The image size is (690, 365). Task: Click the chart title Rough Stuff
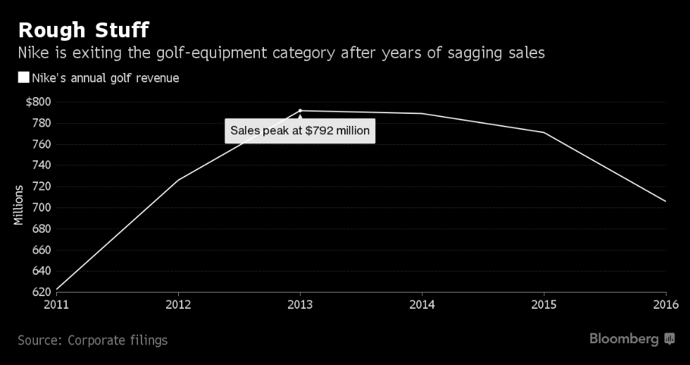[x=83, y=31]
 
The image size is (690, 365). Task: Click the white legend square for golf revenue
[x=23, y=78]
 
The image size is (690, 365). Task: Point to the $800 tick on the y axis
[x=38, y=102]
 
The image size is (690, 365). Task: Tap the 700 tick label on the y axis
[x=41, y=207]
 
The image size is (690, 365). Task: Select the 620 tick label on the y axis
[x=41, y=292]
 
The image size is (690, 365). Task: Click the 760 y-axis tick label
[x=41, y=144]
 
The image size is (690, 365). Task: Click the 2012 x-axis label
[x=179, y=305]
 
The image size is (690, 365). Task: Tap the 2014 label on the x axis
[x=422, y=305]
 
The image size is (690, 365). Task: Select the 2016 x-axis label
[x=665, y=305]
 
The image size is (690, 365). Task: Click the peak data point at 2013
[x=300, y=110]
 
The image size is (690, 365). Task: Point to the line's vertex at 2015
[x=544, y=132]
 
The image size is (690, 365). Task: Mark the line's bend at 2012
[x=179, y=180]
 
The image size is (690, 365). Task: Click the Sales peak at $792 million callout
[x=300, y=131]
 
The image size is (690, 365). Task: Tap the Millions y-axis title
[x=18, y=205]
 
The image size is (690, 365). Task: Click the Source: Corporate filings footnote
[x=92, y=340]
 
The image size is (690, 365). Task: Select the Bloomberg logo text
[x=624, y=339]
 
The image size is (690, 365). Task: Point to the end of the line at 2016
[x=665, y=201]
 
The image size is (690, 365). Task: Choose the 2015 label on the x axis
[x=544, y=305]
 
